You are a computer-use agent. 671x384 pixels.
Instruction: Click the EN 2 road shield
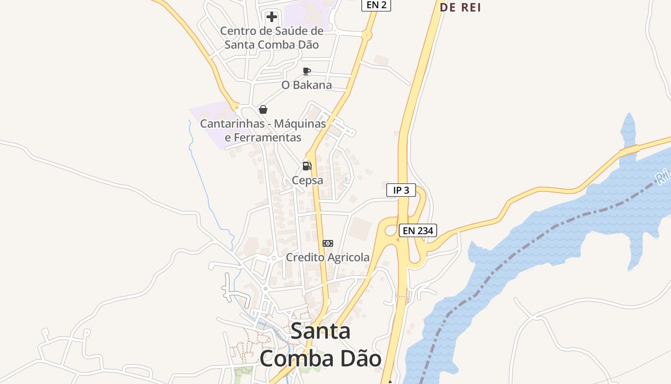point(376,5)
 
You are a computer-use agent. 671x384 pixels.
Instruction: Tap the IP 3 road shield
point(401,190)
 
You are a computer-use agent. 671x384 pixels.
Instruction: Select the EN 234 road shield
point(417,230)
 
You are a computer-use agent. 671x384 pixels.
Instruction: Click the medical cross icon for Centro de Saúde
point(272,17)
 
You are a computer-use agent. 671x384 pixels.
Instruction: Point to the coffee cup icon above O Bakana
point(307,72)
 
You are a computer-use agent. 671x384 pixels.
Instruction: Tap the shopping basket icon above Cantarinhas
point(263,109)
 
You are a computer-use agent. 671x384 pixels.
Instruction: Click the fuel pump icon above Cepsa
point(307,166)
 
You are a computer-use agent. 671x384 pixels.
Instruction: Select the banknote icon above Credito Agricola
point(328,243)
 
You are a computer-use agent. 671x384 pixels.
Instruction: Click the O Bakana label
point(307,85)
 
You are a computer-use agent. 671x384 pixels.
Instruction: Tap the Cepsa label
point(308,180)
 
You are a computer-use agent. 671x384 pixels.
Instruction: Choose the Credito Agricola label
point(328,257)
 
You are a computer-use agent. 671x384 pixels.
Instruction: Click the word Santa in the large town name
point(321,331)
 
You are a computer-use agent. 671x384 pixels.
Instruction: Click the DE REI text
point(460,7)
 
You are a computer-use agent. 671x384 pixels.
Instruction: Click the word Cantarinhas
point(232,123)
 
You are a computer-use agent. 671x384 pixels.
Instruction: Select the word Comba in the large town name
point(293,359)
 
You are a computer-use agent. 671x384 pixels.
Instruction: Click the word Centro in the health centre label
point(239,31)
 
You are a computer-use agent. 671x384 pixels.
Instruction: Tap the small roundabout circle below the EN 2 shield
point(367,35)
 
